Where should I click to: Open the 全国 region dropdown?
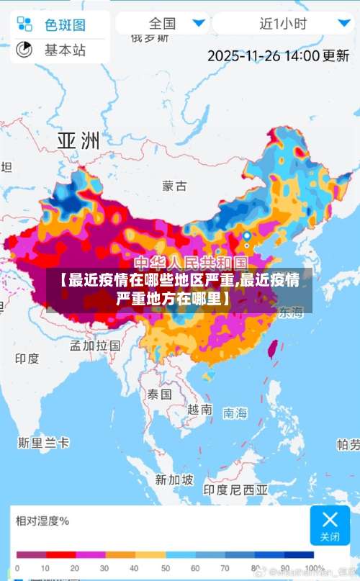(x=162, y=23)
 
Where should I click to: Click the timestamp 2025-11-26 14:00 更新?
(x=278, y=55)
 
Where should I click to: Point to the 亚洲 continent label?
(x=78, y=140)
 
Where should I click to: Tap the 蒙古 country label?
(x=174, y=186)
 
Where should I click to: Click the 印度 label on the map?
(x=27, y=358)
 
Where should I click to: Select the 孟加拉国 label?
(x=94, y=345)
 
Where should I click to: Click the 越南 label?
(x=199, y=409)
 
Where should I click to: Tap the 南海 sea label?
(x=235, y=413)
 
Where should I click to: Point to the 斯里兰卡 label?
(x=45, y=441)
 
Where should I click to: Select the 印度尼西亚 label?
(x=235, y=490)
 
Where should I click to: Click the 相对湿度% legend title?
(x=42, y=521)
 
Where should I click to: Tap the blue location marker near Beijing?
(x=247, y=236)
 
